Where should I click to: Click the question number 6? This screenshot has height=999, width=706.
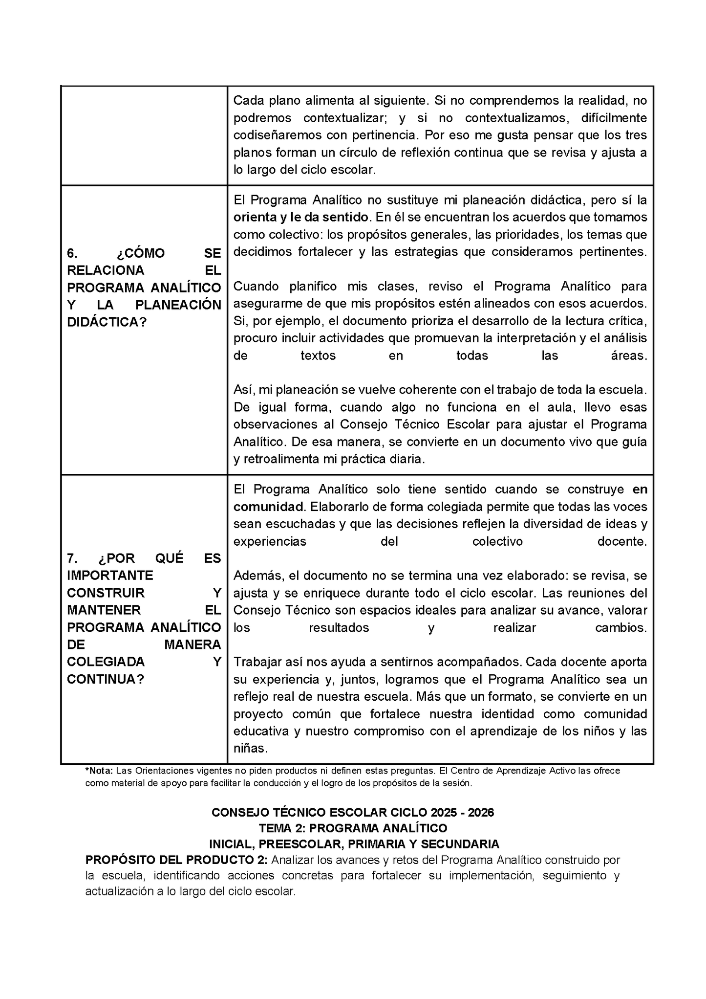(72, 253)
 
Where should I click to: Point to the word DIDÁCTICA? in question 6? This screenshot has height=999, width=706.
(107, 322)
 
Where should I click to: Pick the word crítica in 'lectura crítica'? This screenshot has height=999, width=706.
(628, 321)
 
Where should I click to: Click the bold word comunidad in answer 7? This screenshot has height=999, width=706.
(268, 507)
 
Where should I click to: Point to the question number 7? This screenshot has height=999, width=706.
(72, 558)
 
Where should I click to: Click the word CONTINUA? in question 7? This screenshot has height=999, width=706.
(106, 679)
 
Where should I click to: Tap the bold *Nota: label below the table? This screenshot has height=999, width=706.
(99, 771)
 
